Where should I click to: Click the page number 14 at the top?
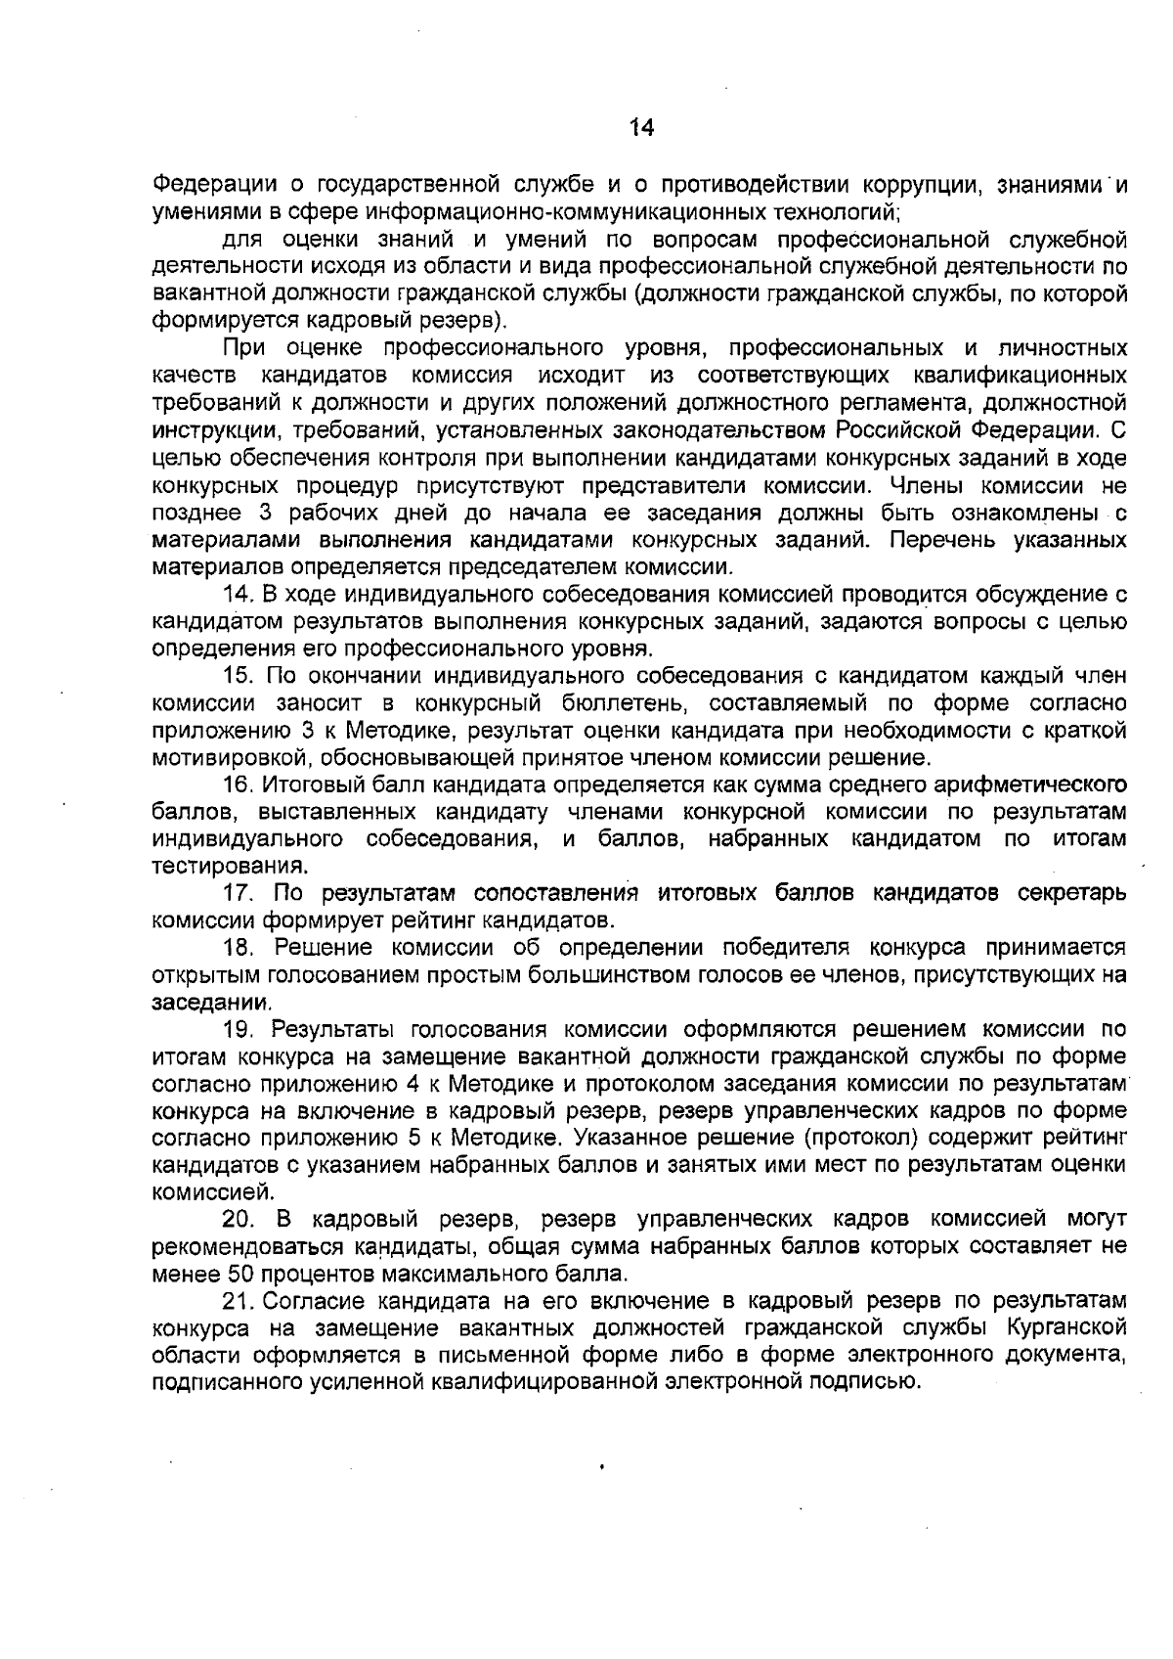(640, 128)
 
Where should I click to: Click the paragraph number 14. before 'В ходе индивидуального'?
(240, 594)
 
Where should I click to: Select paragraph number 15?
(240, 676)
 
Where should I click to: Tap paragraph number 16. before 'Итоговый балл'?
(240, 785)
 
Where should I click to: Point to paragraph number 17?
(240, 893)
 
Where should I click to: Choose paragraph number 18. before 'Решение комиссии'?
(240, 948)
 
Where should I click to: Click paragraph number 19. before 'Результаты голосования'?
(240, 1029)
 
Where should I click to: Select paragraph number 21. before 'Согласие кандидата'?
(240, 1301)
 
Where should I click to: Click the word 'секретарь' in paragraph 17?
(1072, 893)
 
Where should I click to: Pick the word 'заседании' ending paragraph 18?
(211, 1003)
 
